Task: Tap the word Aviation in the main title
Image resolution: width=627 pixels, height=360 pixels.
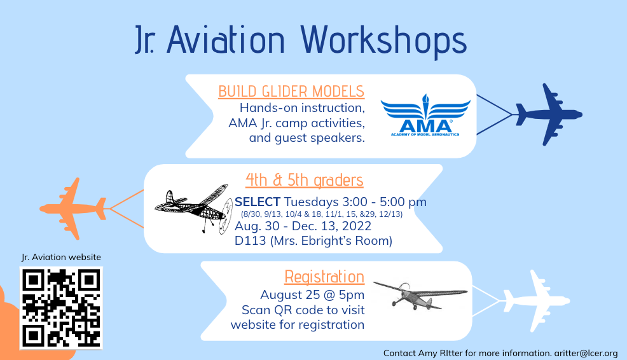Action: click(x=226, y=39)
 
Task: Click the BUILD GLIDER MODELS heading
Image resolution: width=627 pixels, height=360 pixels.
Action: click(x=291, y=92)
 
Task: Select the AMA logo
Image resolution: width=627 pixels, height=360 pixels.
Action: click(x=425, y=115)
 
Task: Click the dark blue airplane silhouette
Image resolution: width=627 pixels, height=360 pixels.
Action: click(x=549, y=114)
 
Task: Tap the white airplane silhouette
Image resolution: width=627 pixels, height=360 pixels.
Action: click(x=536, y=301)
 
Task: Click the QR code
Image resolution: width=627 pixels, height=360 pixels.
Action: click(x=61, y=308)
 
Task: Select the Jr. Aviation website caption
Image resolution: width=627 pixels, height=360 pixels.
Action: click(x=61, y=257)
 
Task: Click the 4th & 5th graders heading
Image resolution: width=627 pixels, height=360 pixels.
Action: click(x=305, y=181)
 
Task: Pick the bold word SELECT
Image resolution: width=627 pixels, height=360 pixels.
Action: click(x=258, y=202)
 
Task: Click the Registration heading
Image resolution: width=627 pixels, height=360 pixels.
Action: click(x=324, y=277)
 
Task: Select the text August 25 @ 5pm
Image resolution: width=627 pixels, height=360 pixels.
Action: click(x=312, y=294)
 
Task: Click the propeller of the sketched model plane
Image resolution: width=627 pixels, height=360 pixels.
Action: click(x=226, y=216)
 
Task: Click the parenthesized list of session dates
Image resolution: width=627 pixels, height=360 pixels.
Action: click(x=322, y=214)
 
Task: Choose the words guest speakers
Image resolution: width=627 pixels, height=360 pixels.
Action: click(x=319, y=139)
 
